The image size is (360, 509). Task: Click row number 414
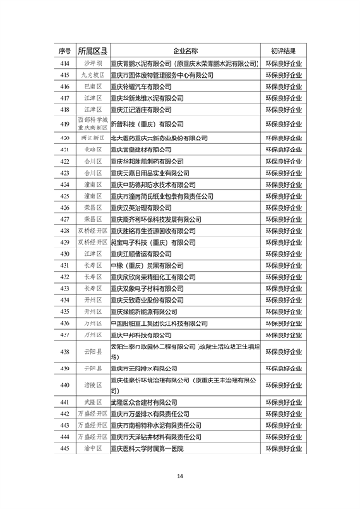(65, 60)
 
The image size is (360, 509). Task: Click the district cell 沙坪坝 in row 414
(94, 60)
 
